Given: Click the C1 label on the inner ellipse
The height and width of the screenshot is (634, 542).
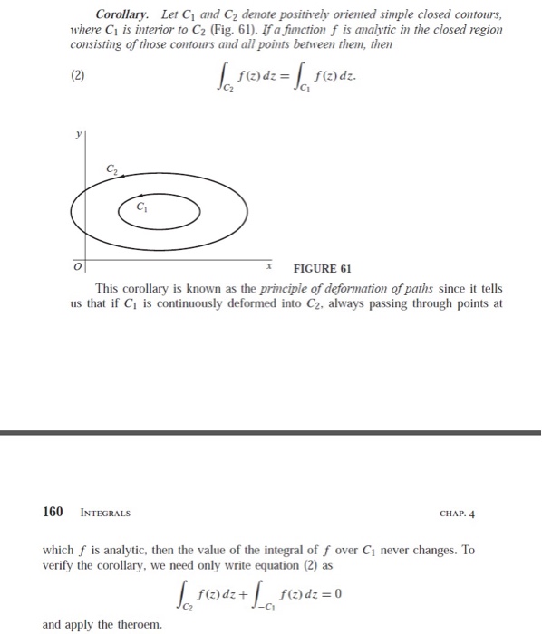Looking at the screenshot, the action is click(140, 205).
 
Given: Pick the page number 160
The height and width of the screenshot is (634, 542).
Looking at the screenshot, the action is click(53, 512).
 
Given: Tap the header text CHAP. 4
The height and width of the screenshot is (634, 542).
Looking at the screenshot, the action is click(456, 513).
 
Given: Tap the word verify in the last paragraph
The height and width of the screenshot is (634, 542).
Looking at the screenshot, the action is click(59, 564).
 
